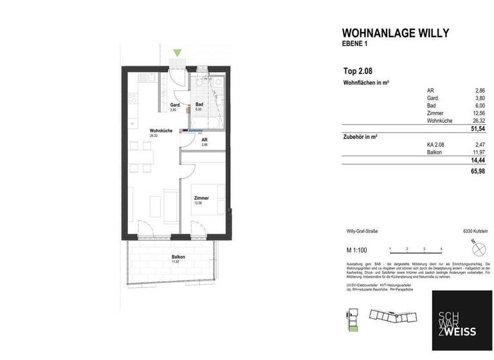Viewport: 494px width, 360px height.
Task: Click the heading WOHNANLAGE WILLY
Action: click(x=395, y=33)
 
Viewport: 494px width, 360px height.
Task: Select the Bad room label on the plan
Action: click(x=199, y=105)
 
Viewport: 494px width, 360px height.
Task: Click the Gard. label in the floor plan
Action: click(x=174, y=105)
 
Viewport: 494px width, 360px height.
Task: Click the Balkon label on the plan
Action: click(x=170, y=256)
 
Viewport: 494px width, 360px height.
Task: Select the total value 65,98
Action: click(x=477, y=172)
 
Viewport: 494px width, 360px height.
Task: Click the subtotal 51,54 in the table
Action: click(x=477, y=129)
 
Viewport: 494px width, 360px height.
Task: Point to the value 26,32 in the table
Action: click(x=479, y=120)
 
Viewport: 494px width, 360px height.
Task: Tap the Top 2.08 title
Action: click(x=358, y=71)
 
